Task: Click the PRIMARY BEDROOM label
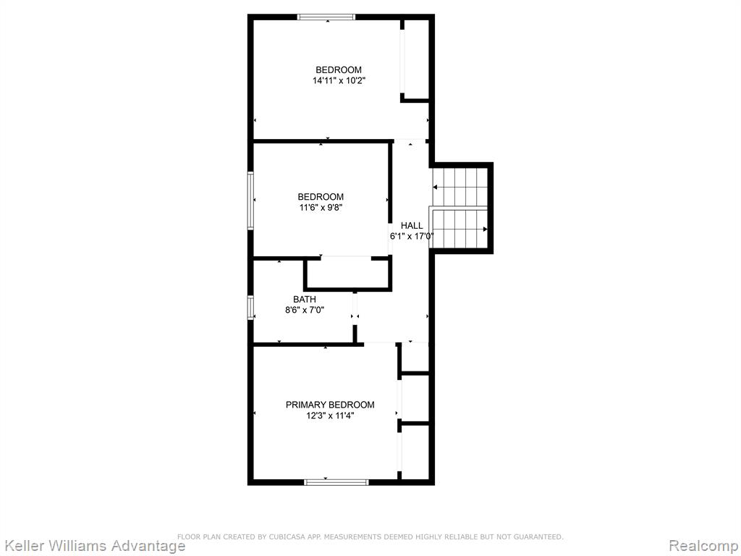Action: click(x=330, y=405)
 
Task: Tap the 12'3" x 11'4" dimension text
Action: click(x=330, y=416)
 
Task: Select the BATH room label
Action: click(x=305, y=299)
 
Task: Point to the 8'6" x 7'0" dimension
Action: click(x=305, y=310)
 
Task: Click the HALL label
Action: click(x=412, y=226)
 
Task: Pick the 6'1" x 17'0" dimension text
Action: click(x=412, y=237)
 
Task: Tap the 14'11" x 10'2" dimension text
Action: click(x=339, y=81)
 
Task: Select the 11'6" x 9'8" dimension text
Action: click(x=321, y=208)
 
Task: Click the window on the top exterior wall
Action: click(x=326, y=17)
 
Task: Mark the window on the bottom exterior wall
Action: click(x=336, y=482)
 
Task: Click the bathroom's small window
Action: click(x=251, y=307)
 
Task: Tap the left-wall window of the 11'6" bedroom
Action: click(x=251, y=201)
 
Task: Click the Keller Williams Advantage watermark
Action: click(x=93, y=546)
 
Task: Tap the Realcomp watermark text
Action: click(x=704, y=546)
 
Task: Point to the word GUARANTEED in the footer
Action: click(x=538, y=536)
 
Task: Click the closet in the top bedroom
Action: click(x=415, y=59)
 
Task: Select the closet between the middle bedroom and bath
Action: click(x=348, y=272)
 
